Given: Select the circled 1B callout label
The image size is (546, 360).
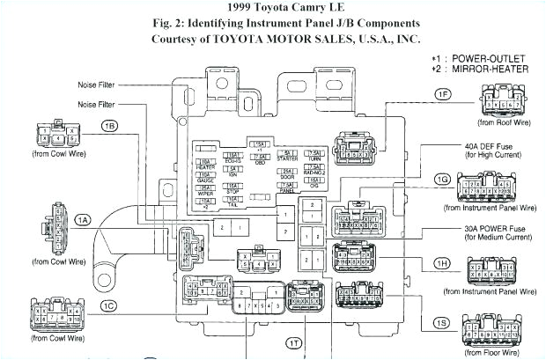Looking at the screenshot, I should pyautogui.click(x=109, y=126).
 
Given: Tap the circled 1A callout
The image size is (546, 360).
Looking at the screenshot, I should pyautogui.click(x=83, y=219).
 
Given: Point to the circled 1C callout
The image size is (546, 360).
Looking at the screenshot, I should pyautogui.click(x=107, y=305).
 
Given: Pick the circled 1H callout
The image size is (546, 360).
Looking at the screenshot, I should pyautogui.click(x=442, y=263).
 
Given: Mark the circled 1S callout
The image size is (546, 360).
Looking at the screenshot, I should pyautogui.click(x=440, y=322).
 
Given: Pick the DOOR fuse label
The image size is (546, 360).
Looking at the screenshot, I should pyautogui.click(x=287, y=176).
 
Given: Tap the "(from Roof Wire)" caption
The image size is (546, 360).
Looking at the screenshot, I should pyautogui.click(x=504, y=123).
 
